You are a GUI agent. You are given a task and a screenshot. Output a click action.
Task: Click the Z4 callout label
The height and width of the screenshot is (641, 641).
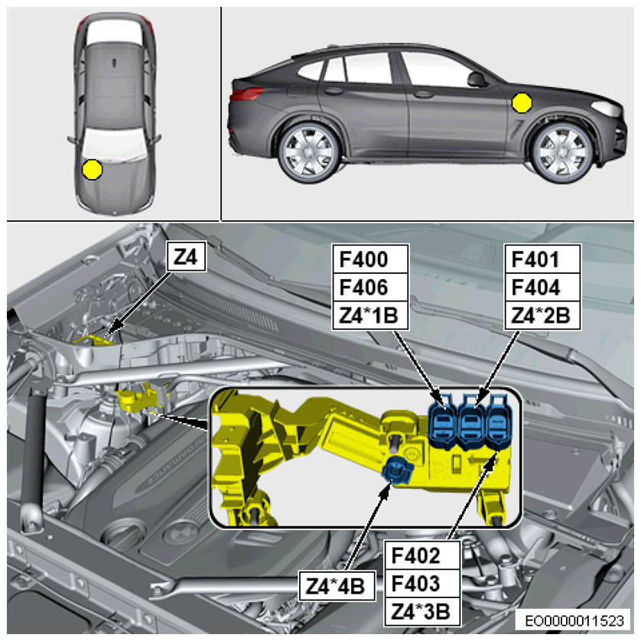(x=187, y=257)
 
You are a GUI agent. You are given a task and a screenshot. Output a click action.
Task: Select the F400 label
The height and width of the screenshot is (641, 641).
(x=364, y=259)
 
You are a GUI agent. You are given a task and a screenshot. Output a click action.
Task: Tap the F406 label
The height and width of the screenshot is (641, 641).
(x=364, y=288)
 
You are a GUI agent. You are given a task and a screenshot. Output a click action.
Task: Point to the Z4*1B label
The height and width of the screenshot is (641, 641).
(x=369, y=316)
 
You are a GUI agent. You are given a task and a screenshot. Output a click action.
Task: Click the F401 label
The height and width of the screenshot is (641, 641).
(x=535, y=259)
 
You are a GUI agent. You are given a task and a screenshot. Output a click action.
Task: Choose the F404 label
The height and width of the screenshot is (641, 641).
(x=536, y=288)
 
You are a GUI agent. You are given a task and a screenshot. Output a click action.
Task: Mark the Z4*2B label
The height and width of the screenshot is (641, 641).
(x=541, y=316)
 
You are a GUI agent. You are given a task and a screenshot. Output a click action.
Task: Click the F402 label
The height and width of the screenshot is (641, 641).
(x=416, y=555)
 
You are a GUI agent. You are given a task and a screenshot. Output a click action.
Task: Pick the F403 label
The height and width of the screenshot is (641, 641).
(x=416, y=584)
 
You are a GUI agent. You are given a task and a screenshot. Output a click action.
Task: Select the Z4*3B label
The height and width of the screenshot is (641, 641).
(x=421, y=612)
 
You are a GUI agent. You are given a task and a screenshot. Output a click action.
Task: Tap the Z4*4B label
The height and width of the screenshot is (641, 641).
(x=335, y=586)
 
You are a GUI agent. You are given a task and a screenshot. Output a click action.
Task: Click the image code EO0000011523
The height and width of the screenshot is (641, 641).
(x=574, y=621)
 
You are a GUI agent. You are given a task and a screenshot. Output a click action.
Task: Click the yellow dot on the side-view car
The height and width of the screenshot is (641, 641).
(x=522, y=102)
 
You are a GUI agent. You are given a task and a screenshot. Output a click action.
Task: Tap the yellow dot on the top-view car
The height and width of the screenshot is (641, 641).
(x=92, y=169)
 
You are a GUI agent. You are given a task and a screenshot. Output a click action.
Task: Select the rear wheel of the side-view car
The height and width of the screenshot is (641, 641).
(x=309, y=151)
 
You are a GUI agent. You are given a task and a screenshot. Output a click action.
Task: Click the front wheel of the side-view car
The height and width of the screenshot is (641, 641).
(x=563, y=151)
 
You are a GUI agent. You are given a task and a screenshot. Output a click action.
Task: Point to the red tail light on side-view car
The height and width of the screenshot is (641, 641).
(x=246, y=94)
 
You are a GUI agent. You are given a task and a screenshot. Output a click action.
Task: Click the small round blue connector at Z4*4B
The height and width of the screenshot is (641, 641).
(x=396, y=471)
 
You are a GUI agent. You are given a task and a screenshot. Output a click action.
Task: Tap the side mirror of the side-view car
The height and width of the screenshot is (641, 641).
(x=477, y=80)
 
